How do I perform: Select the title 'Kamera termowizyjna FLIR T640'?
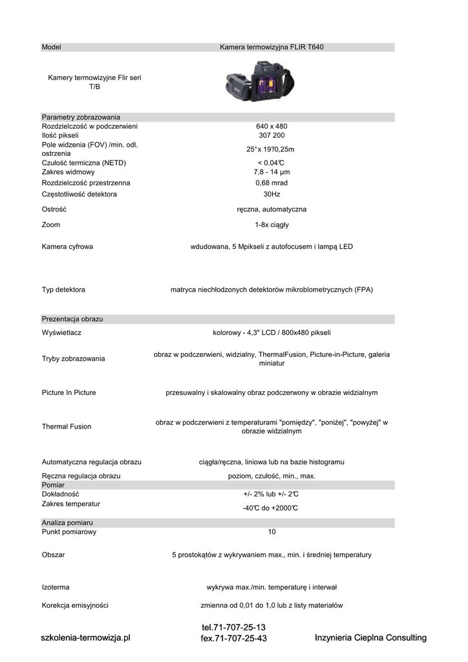[x=271, y=47]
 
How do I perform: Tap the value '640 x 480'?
[x=271, y=126]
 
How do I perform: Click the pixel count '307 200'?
[x=271, y=136]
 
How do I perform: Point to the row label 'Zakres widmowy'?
[x=68, y=172]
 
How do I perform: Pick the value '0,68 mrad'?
[x=271, y=183]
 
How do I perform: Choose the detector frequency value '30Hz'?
[x=271, y=194]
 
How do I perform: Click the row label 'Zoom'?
[x=50, y=225]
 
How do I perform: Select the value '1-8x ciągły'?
[x=271, y=225]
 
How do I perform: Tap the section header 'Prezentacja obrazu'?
[x=72, y=319]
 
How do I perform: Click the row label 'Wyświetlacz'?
[x=61, y=333]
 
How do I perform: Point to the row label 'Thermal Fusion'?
[x=67, y=427]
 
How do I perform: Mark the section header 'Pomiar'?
[x=53, y=485]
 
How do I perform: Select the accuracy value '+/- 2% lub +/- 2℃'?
[x=271, y=495]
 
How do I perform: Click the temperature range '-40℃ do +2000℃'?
[x=270, y=508]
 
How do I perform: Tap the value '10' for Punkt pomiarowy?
[x=271, y=532]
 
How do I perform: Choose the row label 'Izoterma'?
[x=56, y=588]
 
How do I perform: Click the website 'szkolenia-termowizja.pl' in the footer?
[x=85, y=637]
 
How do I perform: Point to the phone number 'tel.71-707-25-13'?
[x=233, y=628]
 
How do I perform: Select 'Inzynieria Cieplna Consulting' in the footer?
[x=370, y=638]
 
